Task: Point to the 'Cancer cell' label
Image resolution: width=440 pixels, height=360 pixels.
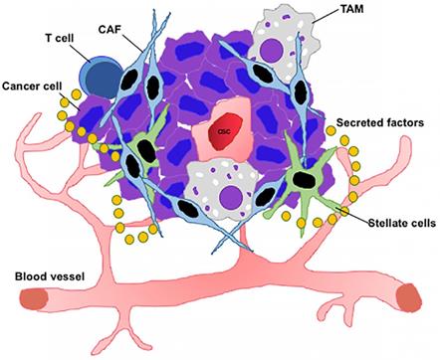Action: pos(34,87)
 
